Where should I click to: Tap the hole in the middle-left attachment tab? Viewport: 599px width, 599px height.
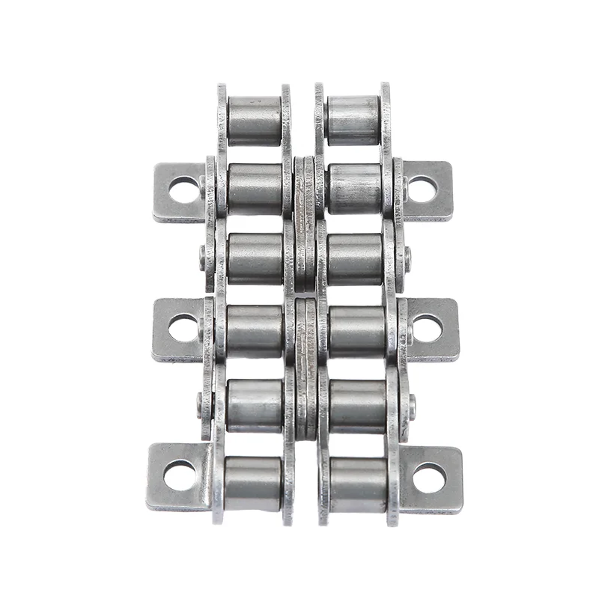coord(183,328)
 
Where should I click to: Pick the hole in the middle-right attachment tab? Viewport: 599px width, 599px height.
coord(427,328)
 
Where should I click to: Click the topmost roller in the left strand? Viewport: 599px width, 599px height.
coord(255,120)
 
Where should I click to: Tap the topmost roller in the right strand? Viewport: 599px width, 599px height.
coord(353,120)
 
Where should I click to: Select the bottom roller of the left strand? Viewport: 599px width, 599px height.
coord(253,484)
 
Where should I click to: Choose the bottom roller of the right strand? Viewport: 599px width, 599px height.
coord(358,484)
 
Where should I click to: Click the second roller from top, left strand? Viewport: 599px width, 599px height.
coord(255,189)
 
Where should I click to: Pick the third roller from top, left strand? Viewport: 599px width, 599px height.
coord(255,259)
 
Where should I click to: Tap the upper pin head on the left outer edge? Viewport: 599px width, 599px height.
coord(203,258)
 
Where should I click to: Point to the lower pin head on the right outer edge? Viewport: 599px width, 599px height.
coord(410,406)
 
